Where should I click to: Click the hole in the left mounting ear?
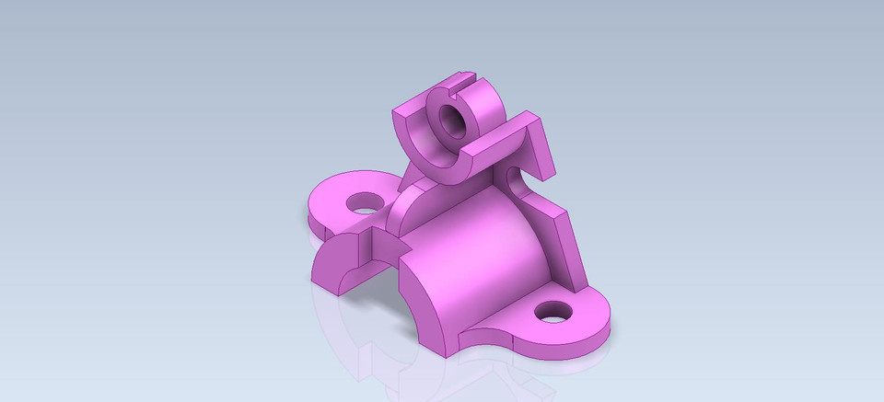362,201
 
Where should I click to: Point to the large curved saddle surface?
479,267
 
